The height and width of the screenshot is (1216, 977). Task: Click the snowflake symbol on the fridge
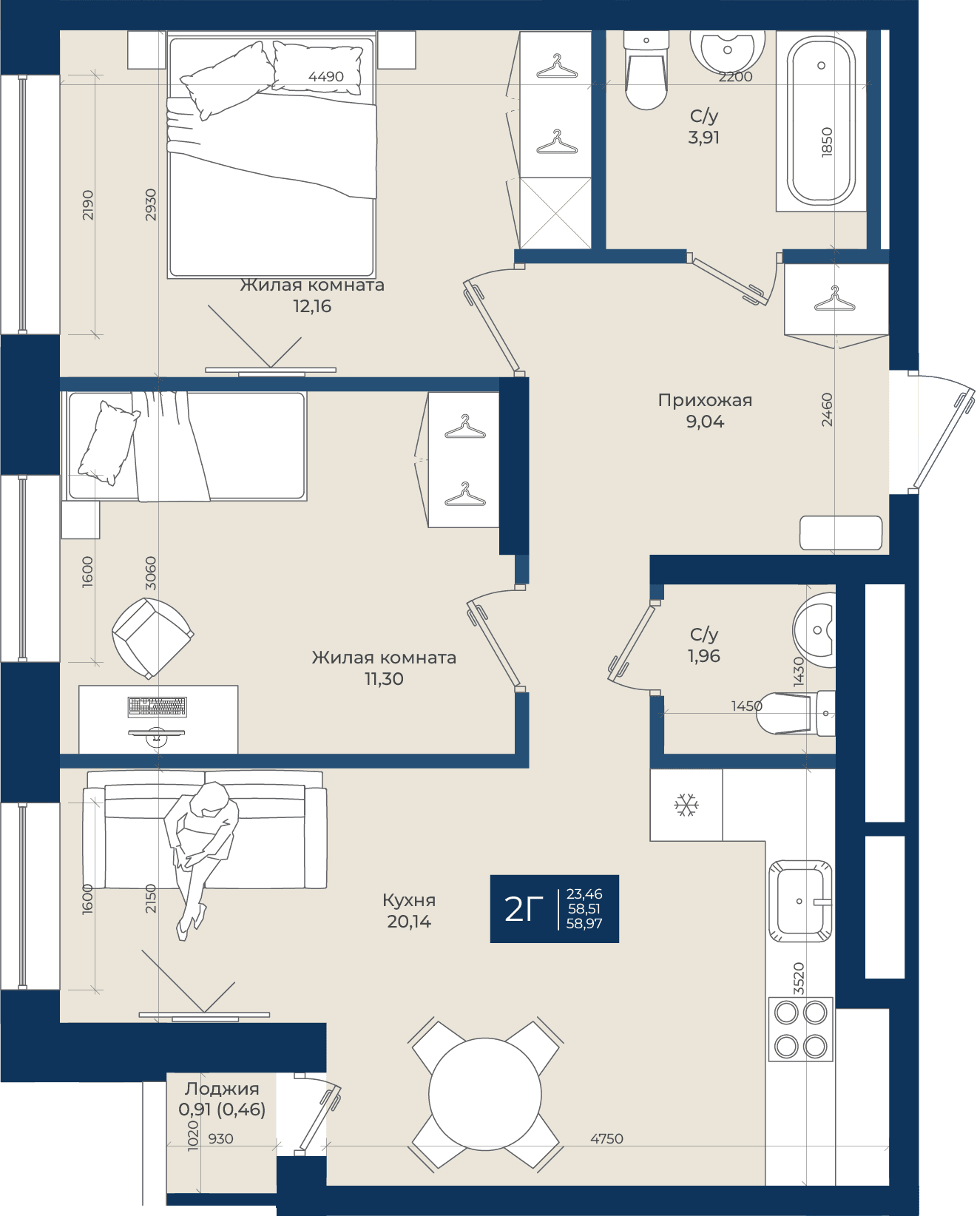pyautogui.click(x=686, y=805)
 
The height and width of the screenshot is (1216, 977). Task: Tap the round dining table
pyautogui.click(x=485, y=1094)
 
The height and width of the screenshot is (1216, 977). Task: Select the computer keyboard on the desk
pyautogui.click(x=157, y=707)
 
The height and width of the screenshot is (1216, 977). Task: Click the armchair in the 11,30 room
pyautogui.click(x=152, y=638)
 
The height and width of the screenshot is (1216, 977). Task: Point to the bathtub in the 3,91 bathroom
pyautogui.click(x=821, y=121)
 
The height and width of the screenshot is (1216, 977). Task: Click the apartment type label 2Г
pyautogui.click(x=524, y=909)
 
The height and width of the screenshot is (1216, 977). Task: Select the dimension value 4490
pyautogui.click(x=326, y=76)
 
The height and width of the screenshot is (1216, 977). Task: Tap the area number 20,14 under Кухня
pyautogui.click(x=409, y=922)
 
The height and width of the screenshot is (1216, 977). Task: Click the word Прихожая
pyautogui.click(x=705, y=400)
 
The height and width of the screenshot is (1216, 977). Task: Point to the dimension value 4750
pyautogui.click(x=606, y=1138)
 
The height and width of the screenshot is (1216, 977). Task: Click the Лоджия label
pyautogui.click(x=221, y=1088)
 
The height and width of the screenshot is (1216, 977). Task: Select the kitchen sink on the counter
pyautogui.click(x=800, y=901)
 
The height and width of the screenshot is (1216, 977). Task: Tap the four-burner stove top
pyautogui.click(x=801, y=1030)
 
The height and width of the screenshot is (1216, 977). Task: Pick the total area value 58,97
pyautogui.click(x=584, y=923)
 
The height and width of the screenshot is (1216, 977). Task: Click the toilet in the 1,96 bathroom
pyautogui.click(x=796, y=713)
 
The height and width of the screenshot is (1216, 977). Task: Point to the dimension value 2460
pyautogui.click(x=827, y=410)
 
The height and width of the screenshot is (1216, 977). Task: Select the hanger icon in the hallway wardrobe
pyautogui.click(x=834, y=299)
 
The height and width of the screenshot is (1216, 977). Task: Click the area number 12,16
pyautogui.click(x=312, y=306)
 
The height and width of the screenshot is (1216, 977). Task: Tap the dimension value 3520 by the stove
pyautogui.click(x=799, y=979)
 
